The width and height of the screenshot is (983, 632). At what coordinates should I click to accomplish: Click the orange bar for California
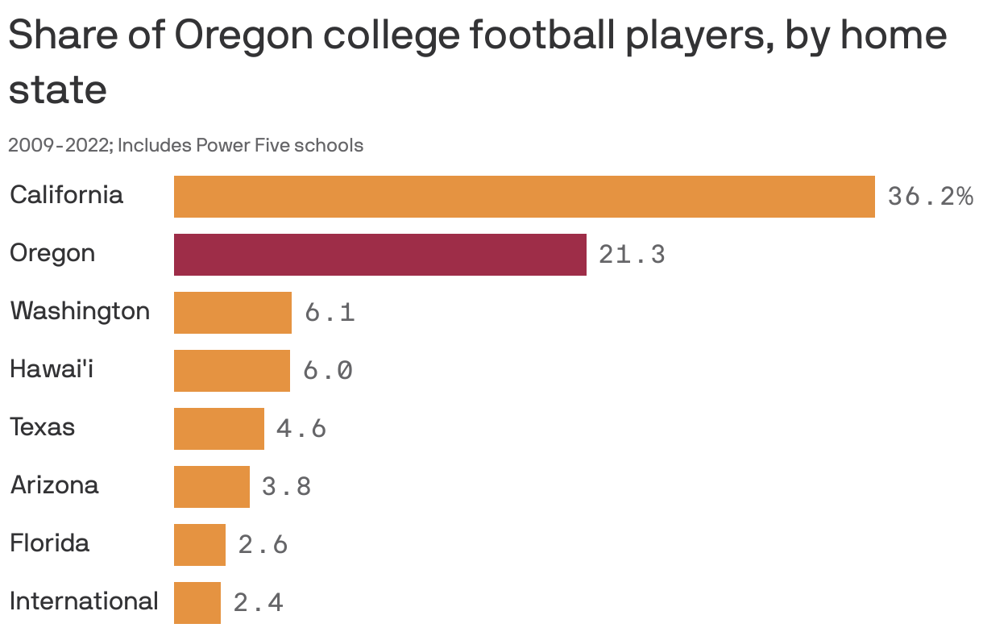(x=524, y=197)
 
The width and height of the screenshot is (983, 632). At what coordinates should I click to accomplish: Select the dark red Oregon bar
(x=380, y=255)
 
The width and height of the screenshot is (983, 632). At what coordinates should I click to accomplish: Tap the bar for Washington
(x=232, y=313)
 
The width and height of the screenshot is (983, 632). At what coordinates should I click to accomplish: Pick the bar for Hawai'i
(x=231, y=371)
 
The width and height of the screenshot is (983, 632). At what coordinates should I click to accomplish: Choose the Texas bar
(x=218, y=429)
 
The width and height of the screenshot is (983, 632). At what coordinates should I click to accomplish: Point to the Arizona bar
(x=211, y=487)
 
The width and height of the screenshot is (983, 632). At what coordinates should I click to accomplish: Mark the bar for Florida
(x=199, y=545)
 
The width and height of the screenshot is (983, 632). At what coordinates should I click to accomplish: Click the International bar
(x=197, y=603)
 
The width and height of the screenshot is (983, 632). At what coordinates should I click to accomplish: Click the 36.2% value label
(x=930, y=197)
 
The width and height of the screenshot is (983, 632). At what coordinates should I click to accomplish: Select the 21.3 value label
(x=632, y=255)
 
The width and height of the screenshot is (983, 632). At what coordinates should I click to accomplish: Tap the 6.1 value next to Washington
(x=330, y=313)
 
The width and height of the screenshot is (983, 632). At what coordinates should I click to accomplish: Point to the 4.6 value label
(x=301, y=429)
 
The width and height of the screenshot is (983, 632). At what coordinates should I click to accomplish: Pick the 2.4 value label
(x=258, y=603)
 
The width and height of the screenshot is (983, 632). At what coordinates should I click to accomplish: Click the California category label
(x=66, y=195)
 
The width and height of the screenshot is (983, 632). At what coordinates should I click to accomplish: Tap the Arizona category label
(x=54, y=485)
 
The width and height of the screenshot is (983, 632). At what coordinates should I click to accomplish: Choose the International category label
(x=84, y=601)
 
